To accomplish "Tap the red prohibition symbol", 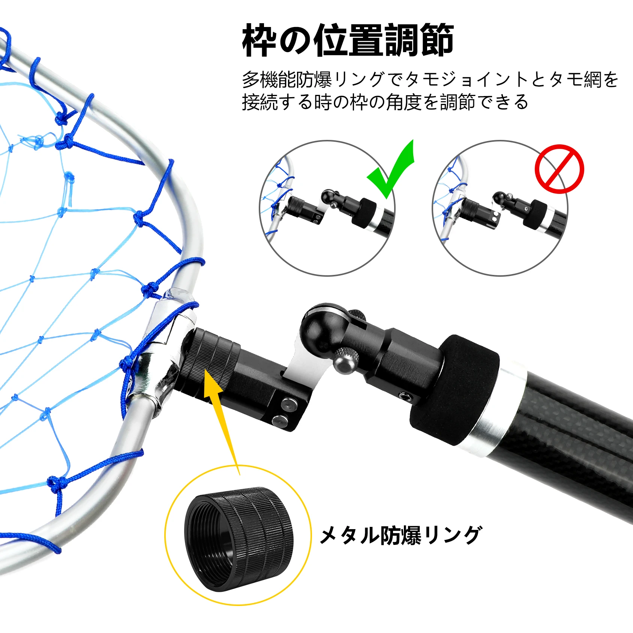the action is click(x=559, y=169).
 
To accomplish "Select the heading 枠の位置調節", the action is click(x=348, y=40).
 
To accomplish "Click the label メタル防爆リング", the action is click(x=400, y=535).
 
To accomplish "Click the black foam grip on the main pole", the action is click(x=454, y=390).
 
